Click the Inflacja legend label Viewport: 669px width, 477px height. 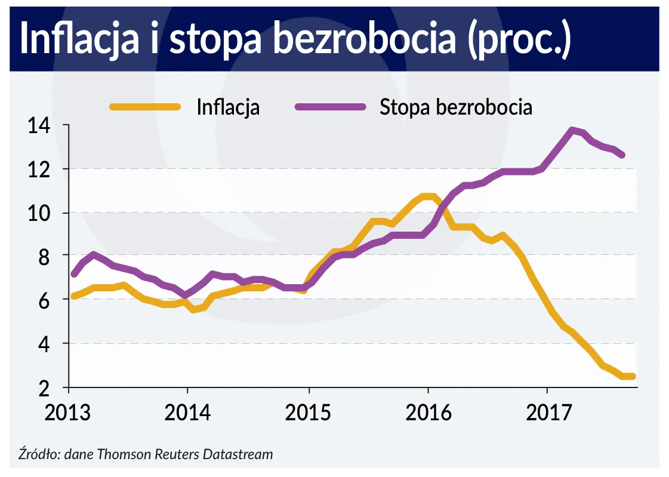(x=228, y=107)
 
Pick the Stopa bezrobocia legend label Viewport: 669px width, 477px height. (x=455, y=107)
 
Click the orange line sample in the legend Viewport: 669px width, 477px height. (x=144, y=107)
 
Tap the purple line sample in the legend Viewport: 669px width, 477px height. (x=330, y=107)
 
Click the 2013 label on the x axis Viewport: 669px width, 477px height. (x=70, y=414)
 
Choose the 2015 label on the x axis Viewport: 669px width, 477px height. (x=309, y=414)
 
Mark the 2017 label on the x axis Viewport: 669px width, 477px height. (x=547, y=414)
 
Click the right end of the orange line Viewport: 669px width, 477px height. (x=633, y=376)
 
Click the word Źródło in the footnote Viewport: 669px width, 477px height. (x=37, y=454)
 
